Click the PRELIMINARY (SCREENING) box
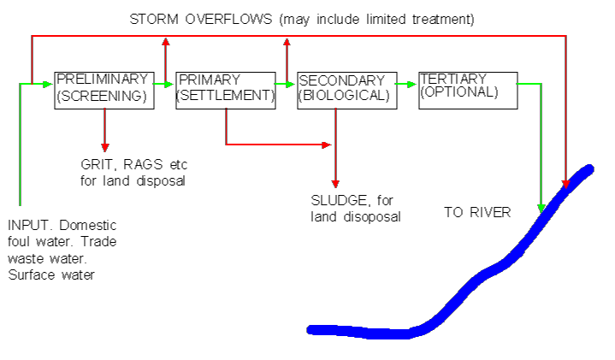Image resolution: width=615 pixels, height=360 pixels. (x=103, y=89)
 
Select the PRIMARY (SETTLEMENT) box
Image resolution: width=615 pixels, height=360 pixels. (x=225, y=89)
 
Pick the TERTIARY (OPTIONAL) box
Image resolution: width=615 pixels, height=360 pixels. (x=467, y=89)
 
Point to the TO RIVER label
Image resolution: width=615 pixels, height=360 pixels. (x=476, y=212)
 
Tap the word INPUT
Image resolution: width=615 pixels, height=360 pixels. (x=28, y=226)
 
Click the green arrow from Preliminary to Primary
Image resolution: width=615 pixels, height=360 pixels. (x=164, y=84)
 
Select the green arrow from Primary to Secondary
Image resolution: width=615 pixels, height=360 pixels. (x=286, y=84)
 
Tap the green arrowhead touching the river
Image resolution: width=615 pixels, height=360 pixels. (x=541, y=207)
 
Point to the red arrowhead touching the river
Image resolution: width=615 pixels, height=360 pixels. (x=565, y=183)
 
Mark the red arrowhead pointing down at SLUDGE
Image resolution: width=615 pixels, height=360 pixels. (x=335, y=183)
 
